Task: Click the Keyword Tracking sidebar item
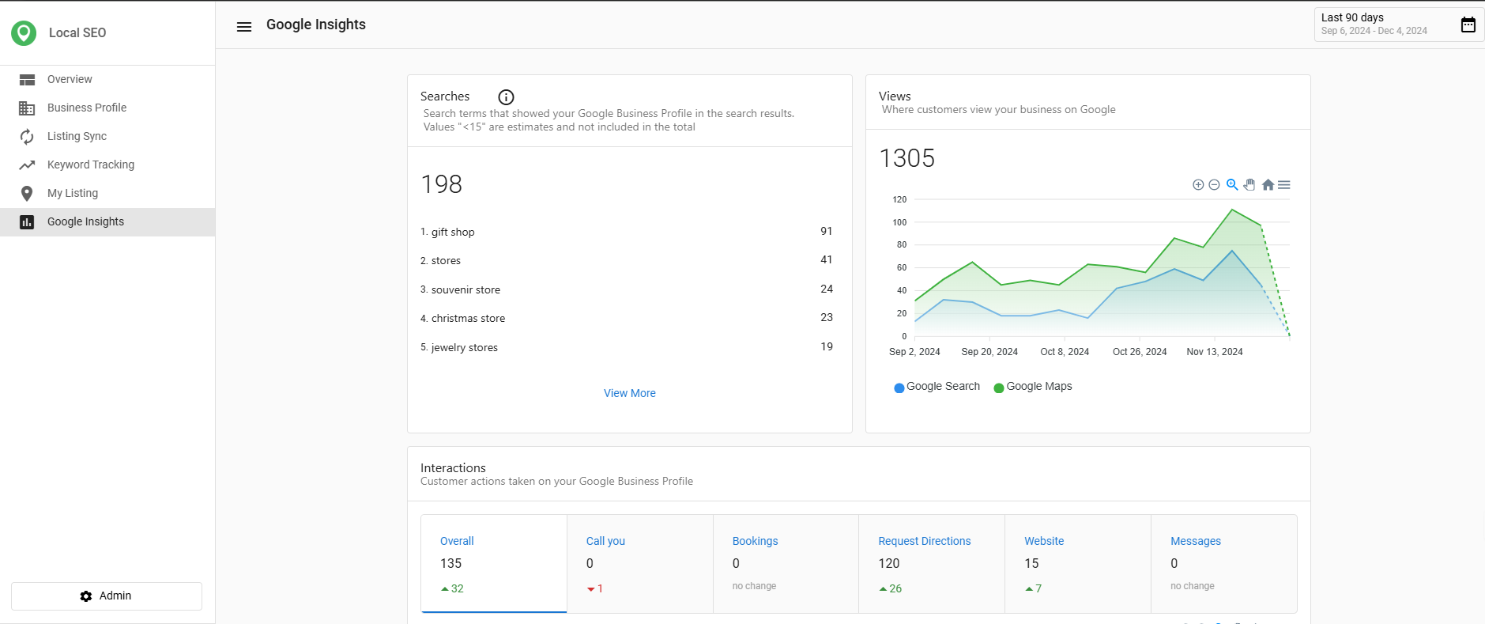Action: click(90, 165)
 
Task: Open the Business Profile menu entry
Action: click(86, 108)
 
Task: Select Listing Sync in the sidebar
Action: click(77, 136)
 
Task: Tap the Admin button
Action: click(107, 596)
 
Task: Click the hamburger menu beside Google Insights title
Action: click(244, 27)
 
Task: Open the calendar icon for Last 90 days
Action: click(1468, 25)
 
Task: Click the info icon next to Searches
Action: click(506, 97)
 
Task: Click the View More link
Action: click(629, 393)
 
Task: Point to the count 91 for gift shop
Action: click(826, 231)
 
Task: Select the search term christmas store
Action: click(468, 318)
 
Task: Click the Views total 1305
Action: click(906, 158)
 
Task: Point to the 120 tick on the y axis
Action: click(899, 199)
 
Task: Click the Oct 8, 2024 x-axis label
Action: click(1064, 352)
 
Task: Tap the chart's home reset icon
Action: click(1268, 185)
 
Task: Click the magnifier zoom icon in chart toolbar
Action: click(1231, 185)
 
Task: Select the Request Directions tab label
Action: click(924, 541)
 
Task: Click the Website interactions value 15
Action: click(1031, 563)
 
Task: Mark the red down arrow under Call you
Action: click(590, 589)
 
